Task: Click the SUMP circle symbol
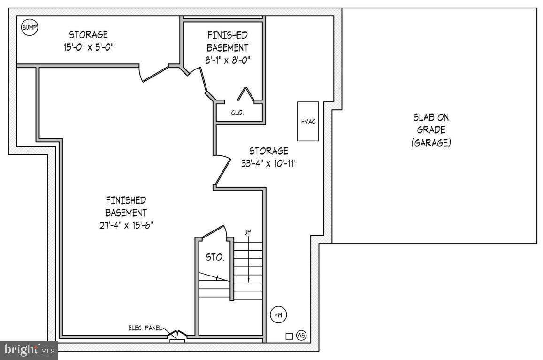[30, 27]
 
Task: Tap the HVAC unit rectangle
[308, 121]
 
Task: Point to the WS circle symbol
[301, 335]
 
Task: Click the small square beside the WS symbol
[289, 336]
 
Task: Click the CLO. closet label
[237, 113]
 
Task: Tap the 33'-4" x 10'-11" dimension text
[268, 163]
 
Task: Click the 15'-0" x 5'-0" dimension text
[89, 47]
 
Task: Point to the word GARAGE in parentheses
[431, 143]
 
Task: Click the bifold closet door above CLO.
[245, 94]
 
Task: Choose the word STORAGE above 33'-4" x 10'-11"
[268, 151]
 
